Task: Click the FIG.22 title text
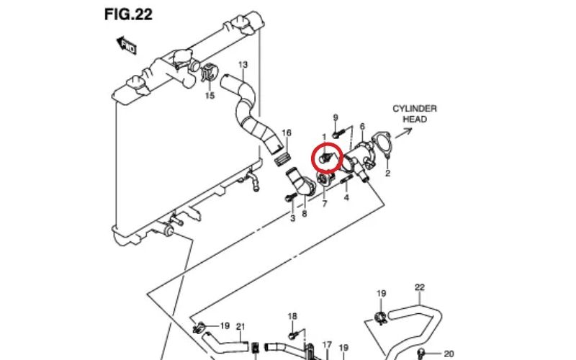point(127,14)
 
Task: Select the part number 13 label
point(243,66)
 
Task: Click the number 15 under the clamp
point(210,95)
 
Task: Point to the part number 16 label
point(286,133)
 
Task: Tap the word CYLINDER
point(414,109)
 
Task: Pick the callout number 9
point(335,117)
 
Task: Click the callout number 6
point(362,126)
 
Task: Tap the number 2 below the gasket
point(387,174)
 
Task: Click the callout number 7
point(325,204)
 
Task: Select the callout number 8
point(304,214)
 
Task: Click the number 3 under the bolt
point(292,218)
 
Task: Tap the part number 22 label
point(420,288)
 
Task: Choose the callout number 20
point(449,354)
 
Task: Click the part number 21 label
point(240,325)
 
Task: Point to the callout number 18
point(292,317)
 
